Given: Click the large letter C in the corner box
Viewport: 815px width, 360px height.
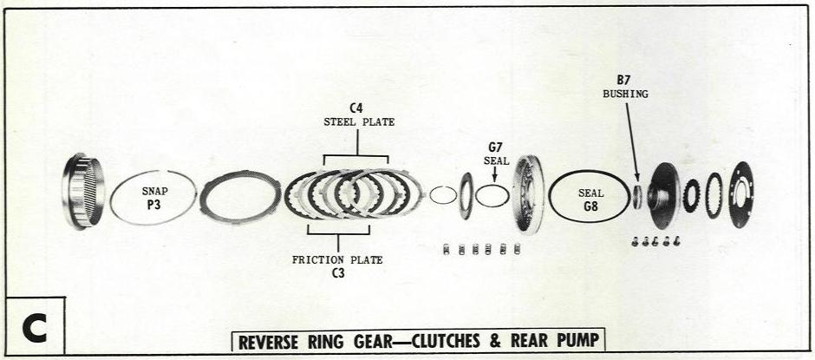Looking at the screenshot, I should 34,327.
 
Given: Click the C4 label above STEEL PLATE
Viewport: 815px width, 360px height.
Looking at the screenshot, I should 355,108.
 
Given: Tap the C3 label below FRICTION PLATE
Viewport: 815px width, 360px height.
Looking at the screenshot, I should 337,272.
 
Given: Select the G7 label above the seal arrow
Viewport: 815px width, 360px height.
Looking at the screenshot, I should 495,147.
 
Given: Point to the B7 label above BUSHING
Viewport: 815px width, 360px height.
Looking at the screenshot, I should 624,80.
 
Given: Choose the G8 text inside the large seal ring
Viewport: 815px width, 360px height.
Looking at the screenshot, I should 590,206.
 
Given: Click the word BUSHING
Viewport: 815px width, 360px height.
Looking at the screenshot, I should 624,93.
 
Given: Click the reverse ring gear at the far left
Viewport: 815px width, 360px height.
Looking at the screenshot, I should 83,191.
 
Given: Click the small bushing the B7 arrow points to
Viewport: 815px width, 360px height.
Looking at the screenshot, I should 637,196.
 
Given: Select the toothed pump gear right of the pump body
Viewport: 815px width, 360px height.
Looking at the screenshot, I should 691,195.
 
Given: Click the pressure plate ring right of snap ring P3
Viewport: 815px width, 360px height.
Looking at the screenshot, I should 239,197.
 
